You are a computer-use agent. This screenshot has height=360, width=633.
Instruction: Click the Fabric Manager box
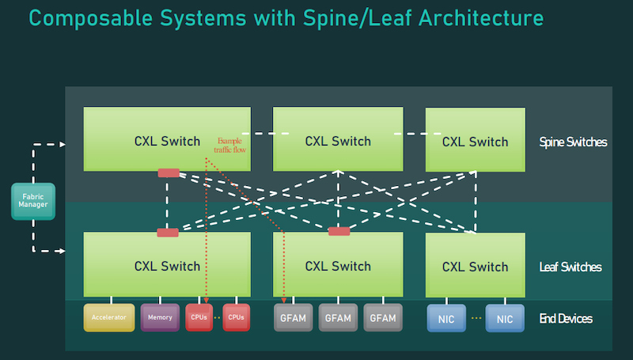33,200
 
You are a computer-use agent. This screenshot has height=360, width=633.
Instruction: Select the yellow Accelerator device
109,317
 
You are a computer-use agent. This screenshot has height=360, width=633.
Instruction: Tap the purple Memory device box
160,317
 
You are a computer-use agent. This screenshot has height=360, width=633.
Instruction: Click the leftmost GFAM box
293,317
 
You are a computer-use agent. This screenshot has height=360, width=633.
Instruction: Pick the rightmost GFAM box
383,317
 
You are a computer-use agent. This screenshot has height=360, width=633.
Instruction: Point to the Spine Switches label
573,142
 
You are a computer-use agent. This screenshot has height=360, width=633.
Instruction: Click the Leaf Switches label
570,267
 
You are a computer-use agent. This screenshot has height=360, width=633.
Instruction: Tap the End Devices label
566,318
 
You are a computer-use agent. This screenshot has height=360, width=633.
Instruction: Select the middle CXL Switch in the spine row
338,140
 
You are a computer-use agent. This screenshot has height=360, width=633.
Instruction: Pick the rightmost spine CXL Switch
475,140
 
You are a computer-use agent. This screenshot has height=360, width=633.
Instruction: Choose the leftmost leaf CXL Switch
167,265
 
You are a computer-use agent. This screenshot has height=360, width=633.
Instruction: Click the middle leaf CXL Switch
338,265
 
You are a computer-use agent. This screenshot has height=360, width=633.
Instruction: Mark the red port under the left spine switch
169,172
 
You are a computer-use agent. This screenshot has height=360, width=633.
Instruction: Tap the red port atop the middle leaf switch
339,231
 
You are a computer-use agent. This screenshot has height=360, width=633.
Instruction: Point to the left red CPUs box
199,317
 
